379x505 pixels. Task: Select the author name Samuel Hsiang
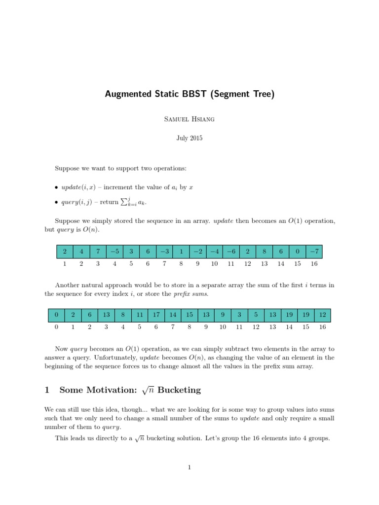(x=189, y=119)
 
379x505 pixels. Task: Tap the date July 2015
(x=189, y=138)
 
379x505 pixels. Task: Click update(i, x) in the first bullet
(x=76, y=188)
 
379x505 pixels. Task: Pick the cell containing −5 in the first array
(x=114, y=252)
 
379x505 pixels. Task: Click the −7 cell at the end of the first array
(x=314, y=252)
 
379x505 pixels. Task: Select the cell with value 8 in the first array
(x=264, y=252)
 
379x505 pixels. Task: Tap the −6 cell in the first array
(x=231, y=252)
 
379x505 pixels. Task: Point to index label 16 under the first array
(x=314, y=264)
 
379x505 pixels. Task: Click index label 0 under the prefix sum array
(x=56, y=327)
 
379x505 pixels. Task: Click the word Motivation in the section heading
(x=105, y=390)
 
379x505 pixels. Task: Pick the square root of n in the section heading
(x=149, y=390)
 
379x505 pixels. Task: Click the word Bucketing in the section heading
(x=179, y=390)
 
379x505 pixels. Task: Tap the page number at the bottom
(x=189, y=468)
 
